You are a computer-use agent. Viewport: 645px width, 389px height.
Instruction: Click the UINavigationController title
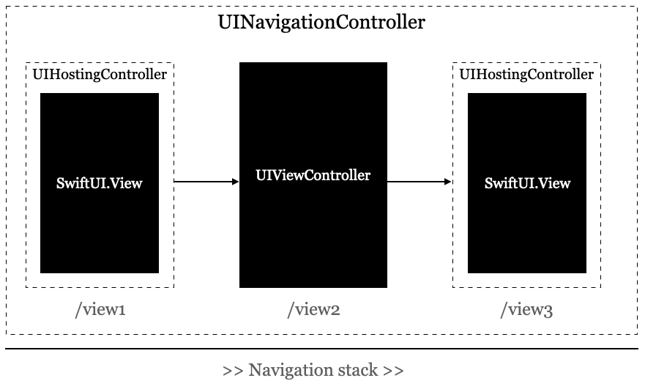click(x=322, y=23)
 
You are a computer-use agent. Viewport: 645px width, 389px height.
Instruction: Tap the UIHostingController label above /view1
click(x=100, y=74)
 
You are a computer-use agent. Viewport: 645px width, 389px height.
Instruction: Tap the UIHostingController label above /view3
click(x=526, y=74)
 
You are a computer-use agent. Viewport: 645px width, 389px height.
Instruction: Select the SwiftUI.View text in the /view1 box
click(x=100, y=183)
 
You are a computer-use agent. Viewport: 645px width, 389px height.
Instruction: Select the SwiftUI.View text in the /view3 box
click(x=527, y=183)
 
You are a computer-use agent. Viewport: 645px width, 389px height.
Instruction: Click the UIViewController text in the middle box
click(x=313, y=176)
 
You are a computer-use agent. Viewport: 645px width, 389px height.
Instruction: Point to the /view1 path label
click(x=101, y=310)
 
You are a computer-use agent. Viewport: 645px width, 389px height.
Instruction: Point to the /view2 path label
click(x=313, y=310)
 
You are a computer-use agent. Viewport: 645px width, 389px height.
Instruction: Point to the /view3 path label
click(x=526, y=310)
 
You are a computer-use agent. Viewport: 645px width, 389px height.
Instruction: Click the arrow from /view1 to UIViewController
click(x=205, y=180)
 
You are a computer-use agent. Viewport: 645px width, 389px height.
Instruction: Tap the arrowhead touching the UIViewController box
click(x=235, y=180)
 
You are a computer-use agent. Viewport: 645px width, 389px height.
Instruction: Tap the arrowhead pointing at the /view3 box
click(x=448, y=180)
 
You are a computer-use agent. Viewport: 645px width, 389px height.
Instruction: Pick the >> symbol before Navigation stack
click(x=233, y=371)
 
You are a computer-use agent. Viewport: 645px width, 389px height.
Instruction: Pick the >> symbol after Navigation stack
click(x=392, y=371)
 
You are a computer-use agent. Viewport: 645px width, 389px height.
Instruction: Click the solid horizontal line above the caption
click(x=322, y=349)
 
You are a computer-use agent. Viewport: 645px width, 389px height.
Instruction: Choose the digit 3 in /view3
click(x=547, y=311)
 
